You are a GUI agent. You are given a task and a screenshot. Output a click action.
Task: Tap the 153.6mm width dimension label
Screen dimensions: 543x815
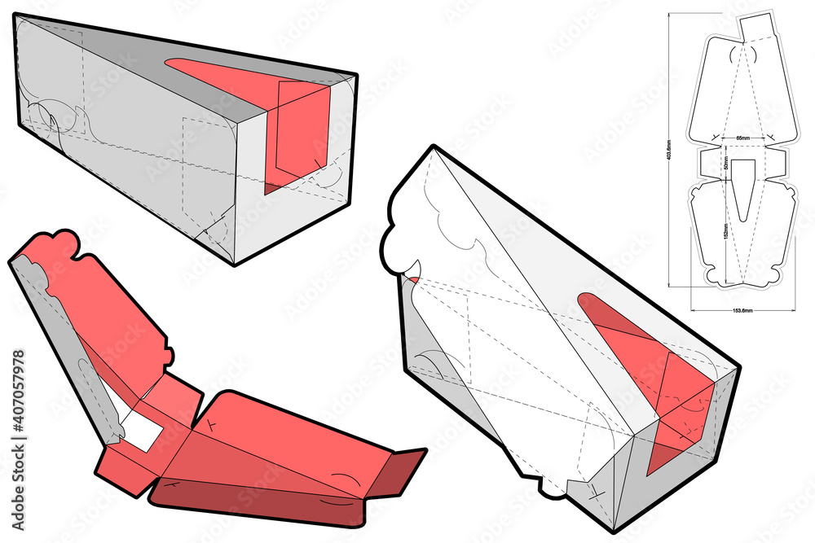tap(741, 310)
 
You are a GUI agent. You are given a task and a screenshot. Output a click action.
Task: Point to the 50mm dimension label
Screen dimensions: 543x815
tap(725, 163)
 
